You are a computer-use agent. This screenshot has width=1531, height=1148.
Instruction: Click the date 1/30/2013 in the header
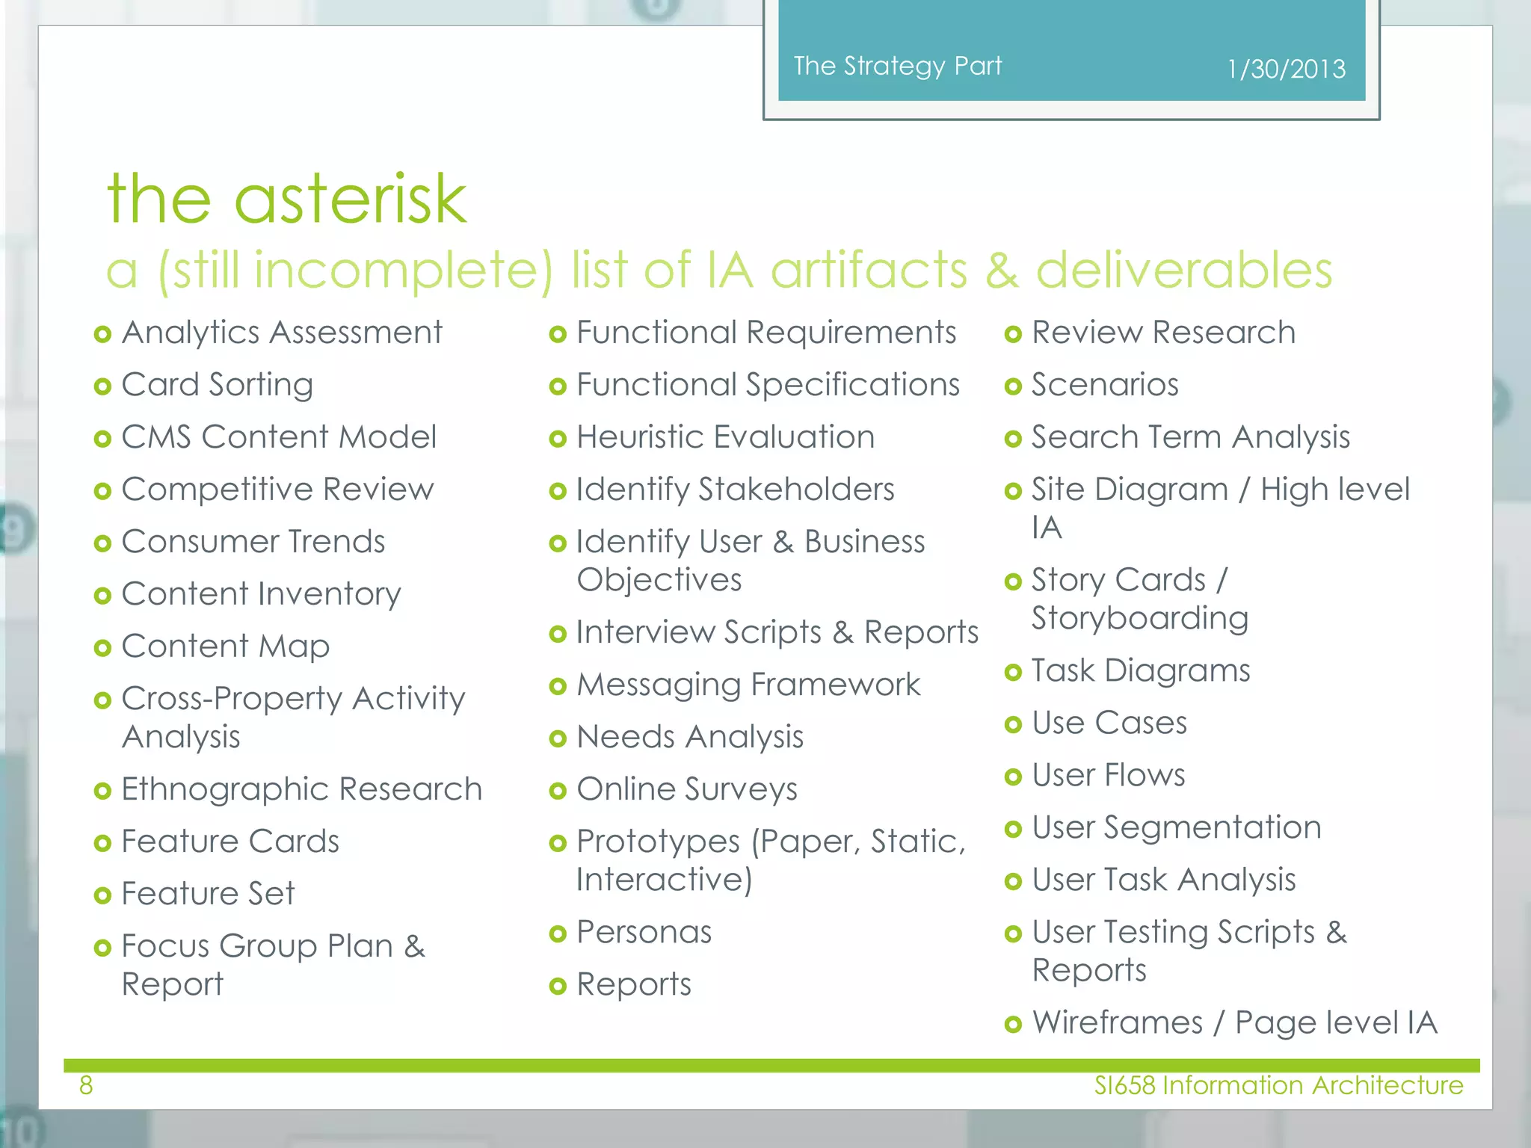[x=1286, y=70]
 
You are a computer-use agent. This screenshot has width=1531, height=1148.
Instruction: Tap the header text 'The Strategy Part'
[x=897, y=66]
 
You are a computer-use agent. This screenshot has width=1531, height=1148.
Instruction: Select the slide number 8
[x=86, y=1085]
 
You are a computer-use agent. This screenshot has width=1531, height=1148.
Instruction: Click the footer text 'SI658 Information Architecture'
[x=1278, y=1085]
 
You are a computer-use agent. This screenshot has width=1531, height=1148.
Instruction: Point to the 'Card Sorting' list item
[x=217, y=385]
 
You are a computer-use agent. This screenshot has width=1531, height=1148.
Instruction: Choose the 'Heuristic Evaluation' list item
[x=725, y=437]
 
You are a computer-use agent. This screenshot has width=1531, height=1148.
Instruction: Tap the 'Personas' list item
[x=644, y=932]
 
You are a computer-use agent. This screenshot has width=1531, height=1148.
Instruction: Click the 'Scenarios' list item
[x=1105, y=385]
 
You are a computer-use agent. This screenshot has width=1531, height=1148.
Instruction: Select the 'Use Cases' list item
[x=1109, y=723]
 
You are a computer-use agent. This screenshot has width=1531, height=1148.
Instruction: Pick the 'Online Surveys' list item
[x=686, y=789]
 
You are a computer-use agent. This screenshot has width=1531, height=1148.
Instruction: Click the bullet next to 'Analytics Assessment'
[x=103, y=334]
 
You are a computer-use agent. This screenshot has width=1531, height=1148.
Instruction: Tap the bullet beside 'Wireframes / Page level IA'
[x=1013, y=1024]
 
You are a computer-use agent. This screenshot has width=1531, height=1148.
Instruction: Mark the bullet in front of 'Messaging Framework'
[x=558, y=686]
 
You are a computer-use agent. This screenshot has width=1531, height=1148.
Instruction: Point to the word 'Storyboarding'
[x=1140, y=618]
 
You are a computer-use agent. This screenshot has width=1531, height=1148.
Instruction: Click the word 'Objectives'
[x=659, y=580]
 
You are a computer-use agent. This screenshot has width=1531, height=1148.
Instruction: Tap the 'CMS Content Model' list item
[x=279, y=437]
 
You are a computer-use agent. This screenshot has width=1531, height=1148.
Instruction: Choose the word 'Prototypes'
[x=658, y=842]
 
